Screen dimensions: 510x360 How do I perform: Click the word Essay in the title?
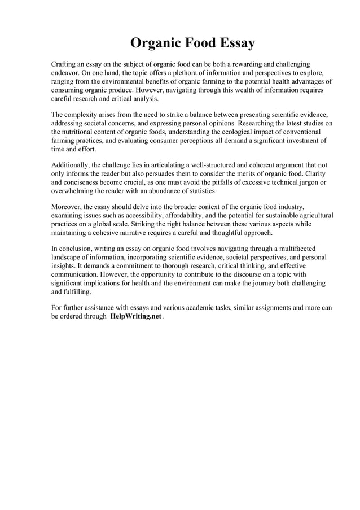point(230,43)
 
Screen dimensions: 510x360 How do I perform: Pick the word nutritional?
point(84,131)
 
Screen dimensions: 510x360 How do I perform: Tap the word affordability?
point(168,216)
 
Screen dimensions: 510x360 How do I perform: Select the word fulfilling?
point(74,292)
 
